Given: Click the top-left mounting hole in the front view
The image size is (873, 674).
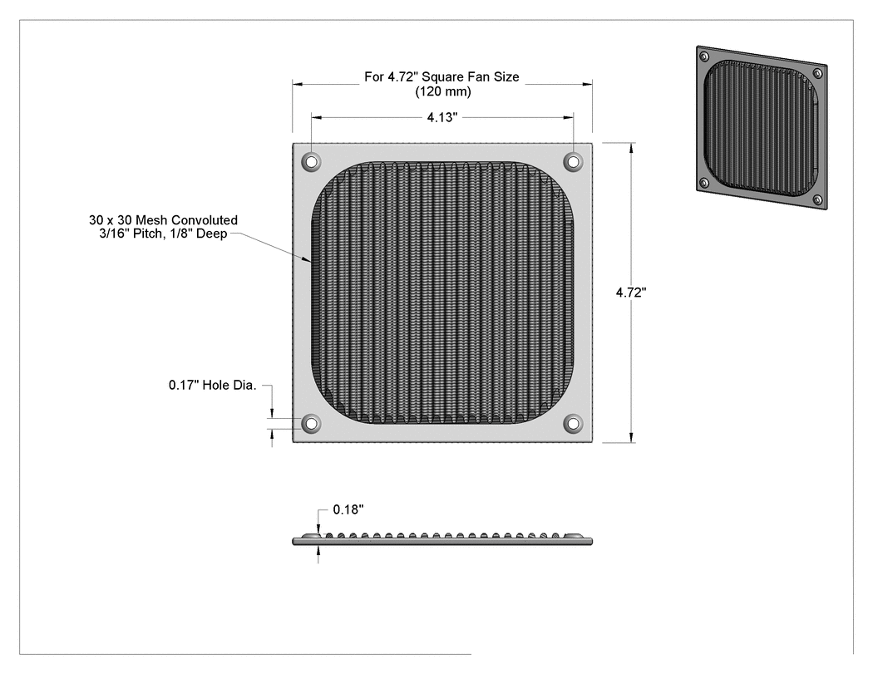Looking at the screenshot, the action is point(311,162).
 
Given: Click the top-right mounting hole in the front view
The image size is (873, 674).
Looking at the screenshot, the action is point(573,162).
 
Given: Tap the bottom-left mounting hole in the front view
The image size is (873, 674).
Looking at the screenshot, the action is point(311,424).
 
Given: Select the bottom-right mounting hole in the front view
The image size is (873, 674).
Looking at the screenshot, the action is point(573,424).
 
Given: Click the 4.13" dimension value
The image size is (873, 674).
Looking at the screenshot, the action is point(442,117).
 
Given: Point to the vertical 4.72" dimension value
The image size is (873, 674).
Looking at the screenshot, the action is point(631,293).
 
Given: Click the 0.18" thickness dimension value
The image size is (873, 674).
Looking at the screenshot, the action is point(348,509).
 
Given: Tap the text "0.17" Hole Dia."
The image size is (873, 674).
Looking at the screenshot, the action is point(213,385).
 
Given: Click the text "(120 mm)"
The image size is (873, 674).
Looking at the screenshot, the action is point(442,91).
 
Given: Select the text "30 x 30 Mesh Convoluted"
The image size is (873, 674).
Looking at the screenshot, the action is point(163,220).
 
